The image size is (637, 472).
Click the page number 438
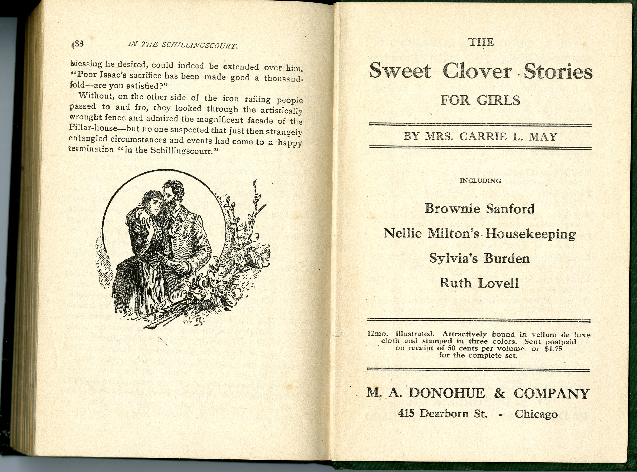pyautogui.click(x=77, y=45)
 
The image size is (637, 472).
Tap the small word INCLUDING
pyautogui.click(x=480, y=181)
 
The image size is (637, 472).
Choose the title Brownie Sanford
pyautogui.click(x=480, y=209)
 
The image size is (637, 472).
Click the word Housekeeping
pyautogui.click(x=530, y=234)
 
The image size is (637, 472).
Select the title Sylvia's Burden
pyautogui.click(x=480, y=259)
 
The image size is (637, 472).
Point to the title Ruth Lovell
pyautogui.click(x=479, y=283)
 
